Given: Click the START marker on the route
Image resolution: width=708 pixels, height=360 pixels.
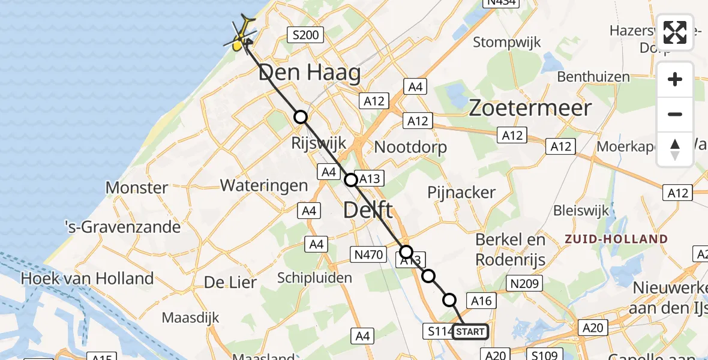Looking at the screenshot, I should click(470, 331).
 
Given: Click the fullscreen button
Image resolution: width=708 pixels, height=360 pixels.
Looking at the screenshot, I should click(675, 32).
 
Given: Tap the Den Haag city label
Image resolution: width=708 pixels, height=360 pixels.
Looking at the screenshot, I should click(310, 74).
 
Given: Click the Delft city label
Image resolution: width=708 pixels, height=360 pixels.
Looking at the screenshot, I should click(368, 211).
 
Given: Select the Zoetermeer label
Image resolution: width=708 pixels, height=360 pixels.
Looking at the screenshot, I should click(530, 108).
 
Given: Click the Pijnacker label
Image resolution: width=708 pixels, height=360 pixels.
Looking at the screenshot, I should click(461, 193).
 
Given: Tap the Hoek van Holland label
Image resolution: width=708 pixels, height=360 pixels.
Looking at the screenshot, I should click(87, 278).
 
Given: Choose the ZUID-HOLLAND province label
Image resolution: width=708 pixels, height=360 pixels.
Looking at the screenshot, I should click(616, 239).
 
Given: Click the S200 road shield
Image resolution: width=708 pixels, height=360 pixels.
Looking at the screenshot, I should click(305, 35).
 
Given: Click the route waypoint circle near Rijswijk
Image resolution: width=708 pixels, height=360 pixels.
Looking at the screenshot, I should click(300, 117).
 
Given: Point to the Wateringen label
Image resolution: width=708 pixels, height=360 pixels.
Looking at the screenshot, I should click(264, 185).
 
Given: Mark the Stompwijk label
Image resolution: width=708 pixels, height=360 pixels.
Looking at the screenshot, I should click(507, 43).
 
